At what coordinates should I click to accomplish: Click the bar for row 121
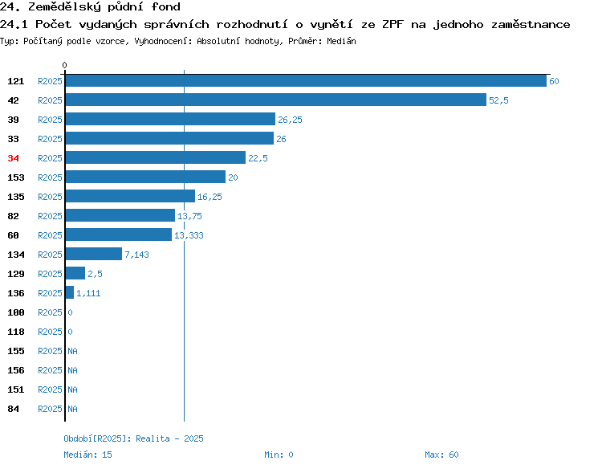306,81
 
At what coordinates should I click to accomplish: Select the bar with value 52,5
276,100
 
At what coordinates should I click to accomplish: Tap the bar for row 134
94,254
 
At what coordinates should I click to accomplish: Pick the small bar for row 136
70,292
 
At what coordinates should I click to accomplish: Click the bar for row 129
75,274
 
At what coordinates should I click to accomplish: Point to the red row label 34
14,158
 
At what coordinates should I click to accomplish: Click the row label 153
16,177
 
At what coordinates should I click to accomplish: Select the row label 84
14,409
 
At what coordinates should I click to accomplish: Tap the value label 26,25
290,120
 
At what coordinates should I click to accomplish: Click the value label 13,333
189,235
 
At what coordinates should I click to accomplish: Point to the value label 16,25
209,197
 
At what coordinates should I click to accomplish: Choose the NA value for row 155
72,351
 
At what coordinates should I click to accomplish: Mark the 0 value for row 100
71,312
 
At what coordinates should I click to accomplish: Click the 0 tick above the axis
64,65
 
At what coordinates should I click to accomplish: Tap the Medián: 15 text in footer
88,455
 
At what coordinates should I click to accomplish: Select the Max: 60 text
441,455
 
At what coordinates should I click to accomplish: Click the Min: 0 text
279,455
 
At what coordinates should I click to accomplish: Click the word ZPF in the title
393,25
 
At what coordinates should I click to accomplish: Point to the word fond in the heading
166,6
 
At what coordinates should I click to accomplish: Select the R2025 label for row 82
50,216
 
